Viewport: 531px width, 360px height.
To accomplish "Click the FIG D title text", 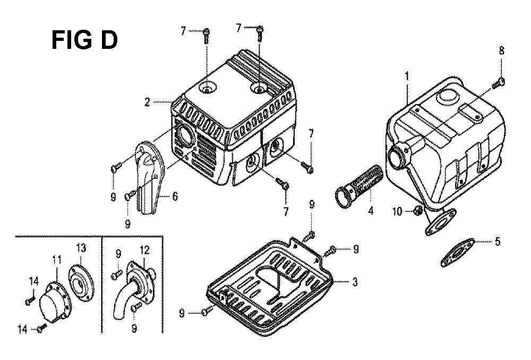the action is click(84, 40).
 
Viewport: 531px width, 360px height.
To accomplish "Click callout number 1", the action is click(406, 76).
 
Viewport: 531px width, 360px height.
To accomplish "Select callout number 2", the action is click(147, 102).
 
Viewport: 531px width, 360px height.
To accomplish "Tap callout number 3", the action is click(355, 282).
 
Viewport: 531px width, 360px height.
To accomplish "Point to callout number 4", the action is click(371, 211).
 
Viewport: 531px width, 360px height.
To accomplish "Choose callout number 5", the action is click(497, 242).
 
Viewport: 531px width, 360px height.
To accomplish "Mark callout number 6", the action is click(175, 196).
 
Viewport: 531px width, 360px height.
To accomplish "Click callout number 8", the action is click(502, 51).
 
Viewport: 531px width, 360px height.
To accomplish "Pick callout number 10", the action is click(397, 212).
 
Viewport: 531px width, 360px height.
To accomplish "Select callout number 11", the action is click(57, 260).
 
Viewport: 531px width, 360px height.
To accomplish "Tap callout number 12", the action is click(144, 250).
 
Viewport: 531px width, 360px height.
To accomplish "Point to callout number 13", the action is click(81, 248).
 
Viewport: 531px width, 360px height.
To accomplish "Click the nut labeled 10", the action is click(418, 211).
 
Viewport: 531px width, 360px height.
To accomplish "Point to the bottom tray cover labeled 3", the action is click(270, 288).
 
